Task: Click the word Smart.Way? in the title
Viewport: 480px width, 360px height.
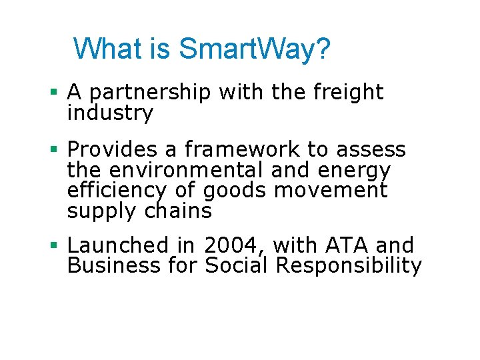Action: coord(255,49)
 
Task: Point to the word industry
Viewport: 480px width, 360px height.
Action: coord(110,113)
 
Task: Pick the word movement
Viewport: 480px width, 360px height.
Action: coord(331,191)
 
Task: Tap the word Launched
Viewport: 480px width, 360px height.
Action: coord(118,246)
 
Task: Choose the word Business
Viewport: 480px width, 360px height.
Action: coord(114,266)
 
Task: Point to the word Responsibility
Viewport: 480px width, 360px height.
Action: coord(349,267)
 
